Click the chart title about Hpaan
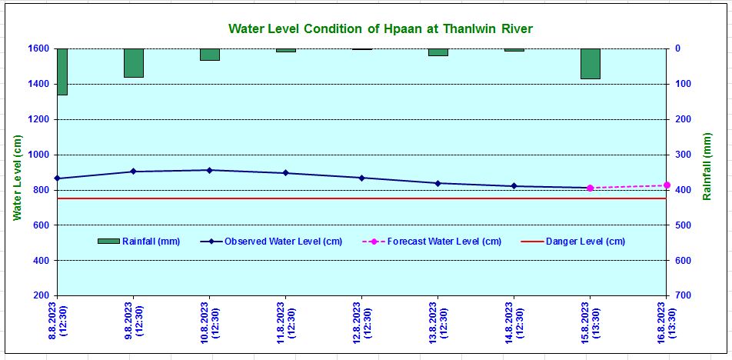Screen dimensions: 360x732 coord(381,28)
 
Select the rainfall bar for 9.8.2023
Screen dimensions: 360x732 coord(134,63)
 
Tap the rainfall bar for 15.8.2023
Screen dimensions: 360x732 coord(591,64)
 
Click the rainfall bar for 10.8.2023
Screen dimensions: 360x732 coord(210,55)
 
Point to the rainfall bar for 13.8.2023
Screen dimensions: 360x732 coord(438,52)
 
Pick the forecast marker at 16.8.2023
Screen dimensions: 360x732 coord(667,185)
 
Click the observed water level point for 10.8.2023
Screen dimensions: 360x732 coord(209,170)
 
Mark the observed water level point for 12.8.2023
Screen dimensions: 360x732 coord(361,178)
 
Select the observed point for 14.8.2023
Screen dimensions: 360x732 coord(514,186)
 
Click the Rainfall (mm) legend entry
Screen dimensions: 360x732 coord(139,242)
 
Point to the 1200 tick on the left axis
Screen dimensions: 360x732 coord(39,119)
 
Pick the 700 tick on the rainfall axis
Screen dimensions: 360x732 coord(684,296)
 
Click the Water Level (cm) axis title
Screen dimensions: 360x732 coord(18,178)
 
